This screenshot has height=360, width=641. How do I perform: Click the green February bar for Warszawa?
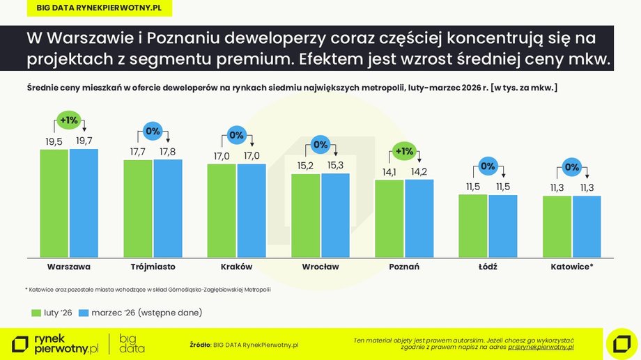pyautogui.click(x=54, y=203)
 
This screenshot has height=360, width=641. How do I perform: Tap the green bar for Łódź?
pyautogui.click(x=473, y=226)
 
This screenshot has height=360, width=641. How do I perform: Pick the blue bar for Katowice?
pyautogui.click(x=587, y=226)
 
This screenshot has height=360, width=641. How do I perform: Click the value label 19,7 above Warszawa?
pyautogui.click(x=84, y=141)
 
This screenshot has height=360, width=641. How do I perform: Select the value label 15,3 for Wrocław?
pyautogui.click(x=335, y=166)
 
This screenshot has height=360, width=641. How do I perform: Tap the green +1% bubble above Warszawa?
pyautogui.click(x=69, y=120)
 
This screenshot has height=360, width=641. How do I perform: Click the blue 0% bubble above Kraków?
pyautogui.click(x=237, y=135)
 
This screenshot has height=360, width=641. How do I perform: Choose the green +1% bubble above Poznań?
pyautogui.click(x=404, y=151)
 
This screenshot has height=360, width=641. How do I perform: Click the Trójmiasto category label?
pyautogui.click(x=153, y=267)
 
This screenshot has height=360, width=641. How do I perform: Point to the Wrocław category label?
pyautogui.click(x=320, y=267)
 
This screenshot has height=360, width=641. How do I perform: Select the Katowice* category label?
pyautogui.click(x=572, y=267)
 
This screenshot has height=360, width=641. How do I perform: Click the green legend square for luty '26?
pyautogui.click(x=36, y=313)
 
